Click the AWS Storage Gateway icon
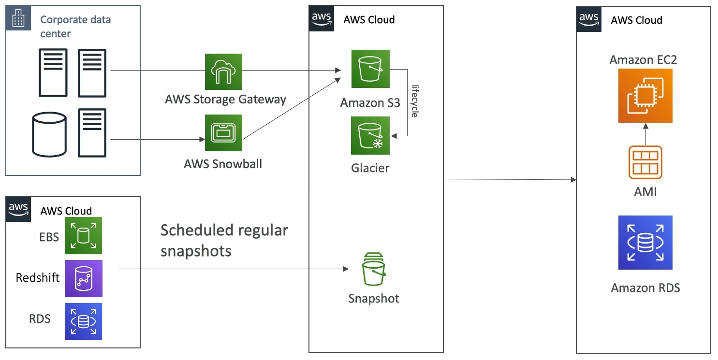[223, 72]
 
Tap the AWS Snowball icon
[223, 133]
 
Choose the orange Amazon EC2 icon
[645, 96]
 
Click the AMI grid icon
[645, 162]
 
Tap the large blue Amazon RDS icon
[645, 242]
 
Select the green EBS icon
[84, 236]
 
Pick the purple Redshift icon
[84, 278]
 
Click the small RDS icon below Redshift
[84, 321]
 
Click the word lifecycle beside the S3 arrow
[414, 101]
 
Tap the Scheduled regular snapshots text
[224, 240]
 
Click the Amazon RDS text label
[645, 288]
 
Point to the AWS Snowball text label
[223, 164]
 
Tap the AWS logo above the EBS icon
[18, 209]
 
